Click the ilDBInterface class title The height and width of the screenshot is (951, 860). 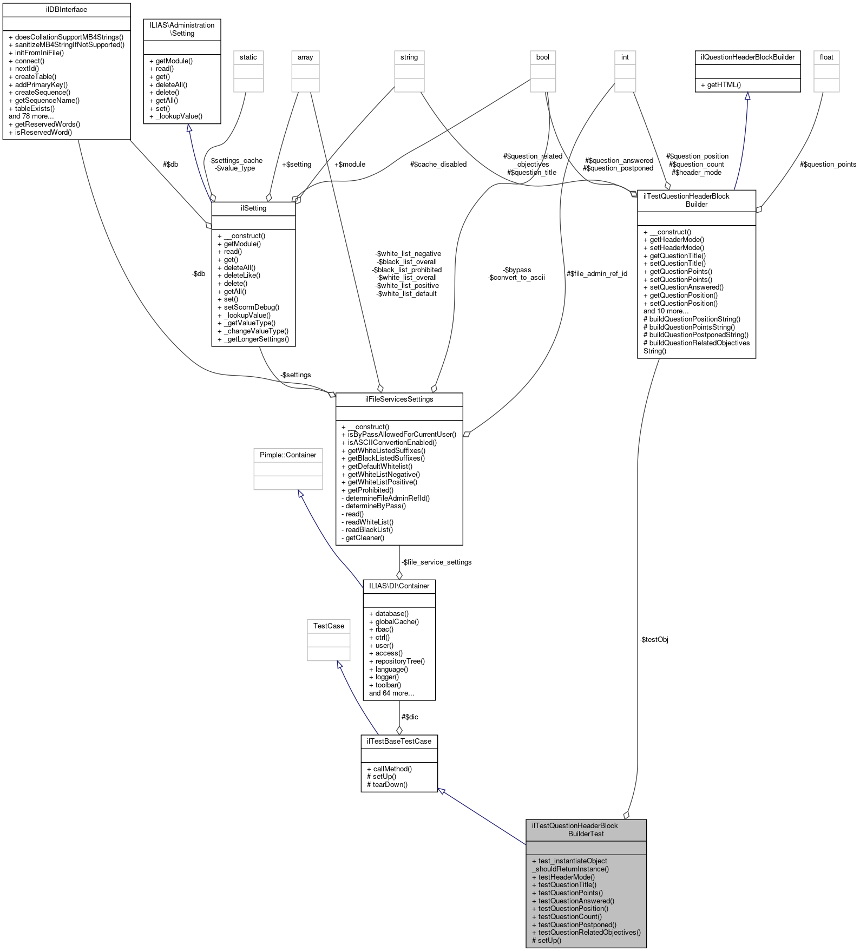(x=67, y=10)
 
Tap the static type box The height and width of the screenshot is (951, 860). (x=248, y=57)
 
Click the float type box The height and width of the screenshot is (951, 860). (x=826, y=57)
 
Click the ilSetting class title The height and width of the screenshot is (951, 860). (x=253, y=208)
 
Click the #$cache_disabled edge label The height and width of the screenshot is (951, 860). (x=438, y=165)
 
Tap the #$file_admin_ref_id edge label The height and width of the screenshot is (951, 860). (x=596, y=274)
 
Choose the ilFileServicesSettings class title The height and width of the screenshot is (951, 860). (x=399, y=399)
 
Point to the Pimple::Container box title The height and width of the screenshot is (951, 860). (x=288, y=455)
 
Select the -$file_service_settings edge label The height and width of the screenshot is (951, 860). (x=437, y=562)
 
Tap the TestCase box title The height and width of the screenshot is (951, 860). (x=329, y=626)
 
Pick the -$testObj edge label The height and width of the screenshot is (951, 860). (x=654, y=640)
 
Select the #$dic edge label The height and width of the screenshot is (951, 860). (x=409, y=717)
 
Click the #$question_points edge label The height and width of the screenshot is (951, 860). (x=828, y=165)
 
